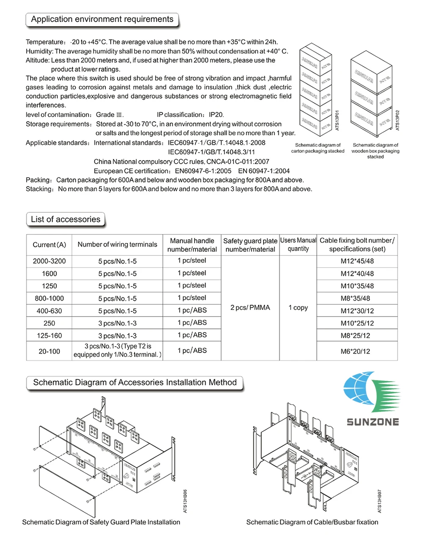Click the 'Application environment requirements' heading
pos(102,19)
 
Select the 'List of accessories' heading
pos(66,219)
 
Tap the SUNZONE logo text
pos(373,421)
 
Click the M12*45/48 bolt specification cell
pos(357,261)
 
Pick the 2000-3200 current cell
pos(49,261)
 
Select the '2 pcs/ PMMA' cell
pos(250,308)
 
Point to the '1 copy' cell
pos(298,308)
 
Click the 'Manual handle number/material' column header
pos(192,245)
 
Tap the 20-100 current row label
pos(49,351)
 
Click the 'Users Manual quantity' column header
pos(298,245)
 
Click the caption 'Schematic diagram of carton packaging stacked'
pos(318,148)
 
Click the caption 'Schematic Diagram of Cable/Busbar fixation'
pos(312,522)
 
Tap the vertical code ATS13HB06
pos(185,501)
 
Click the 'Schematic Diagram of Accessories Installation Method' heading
pos(135,383)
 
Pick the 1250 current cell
pos(49,286)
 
